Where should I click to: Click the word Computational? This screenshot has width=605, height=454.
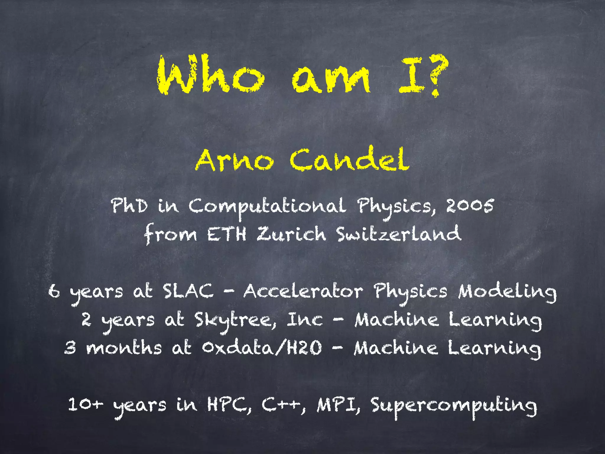tap(267, 207)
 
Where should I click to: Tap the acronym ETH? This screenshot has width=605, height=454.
tap(227, 234)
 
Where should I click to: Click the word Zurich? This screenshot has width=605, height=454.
tap(291, 234)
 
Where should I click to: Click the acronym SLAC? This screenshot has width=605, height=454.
tap(188, 291)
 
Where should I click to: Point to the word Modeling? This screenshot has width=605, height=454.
tap(507, 293)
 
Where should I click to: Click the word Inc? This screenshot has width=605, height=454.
tap(305, 320)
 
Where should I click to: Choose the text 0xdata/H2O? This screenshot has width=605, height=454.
tap(262, 348)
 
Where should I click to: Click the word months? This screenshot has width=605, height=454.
tap(124, 348)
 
